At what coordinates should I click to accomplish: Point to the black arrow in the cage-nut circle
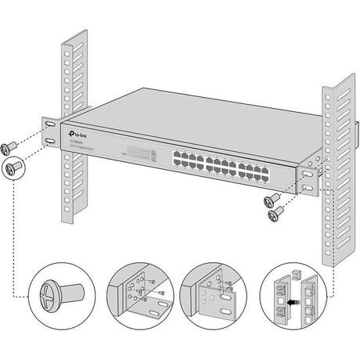click(293, 299)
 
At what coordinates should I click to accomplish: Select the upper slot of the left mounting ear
click(49, 125)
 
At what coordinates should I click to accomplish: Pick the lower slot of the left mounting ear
click(50, 141)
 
